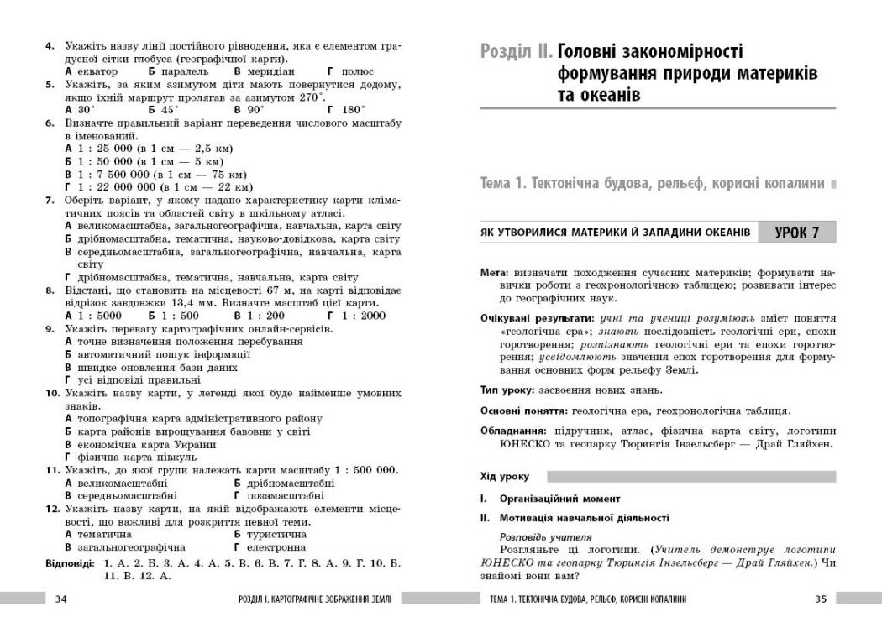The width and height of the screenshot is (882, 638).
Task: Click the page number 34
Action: click(x=60, y=599)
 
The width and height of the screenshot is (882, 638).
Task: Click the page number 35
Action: click(x=821, y=599)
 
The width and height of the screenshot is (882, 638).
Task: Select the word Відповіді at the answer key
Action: click(x=71, y=562)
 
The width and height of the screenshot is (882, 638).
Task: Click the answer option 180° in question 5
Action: click(x=354, y=109)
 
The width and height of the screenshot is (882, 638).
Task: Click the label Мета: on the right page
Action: click(x=494, y=274)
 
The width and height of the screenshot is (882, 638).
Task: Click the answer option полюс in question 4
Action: click(x=354, y=72)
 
